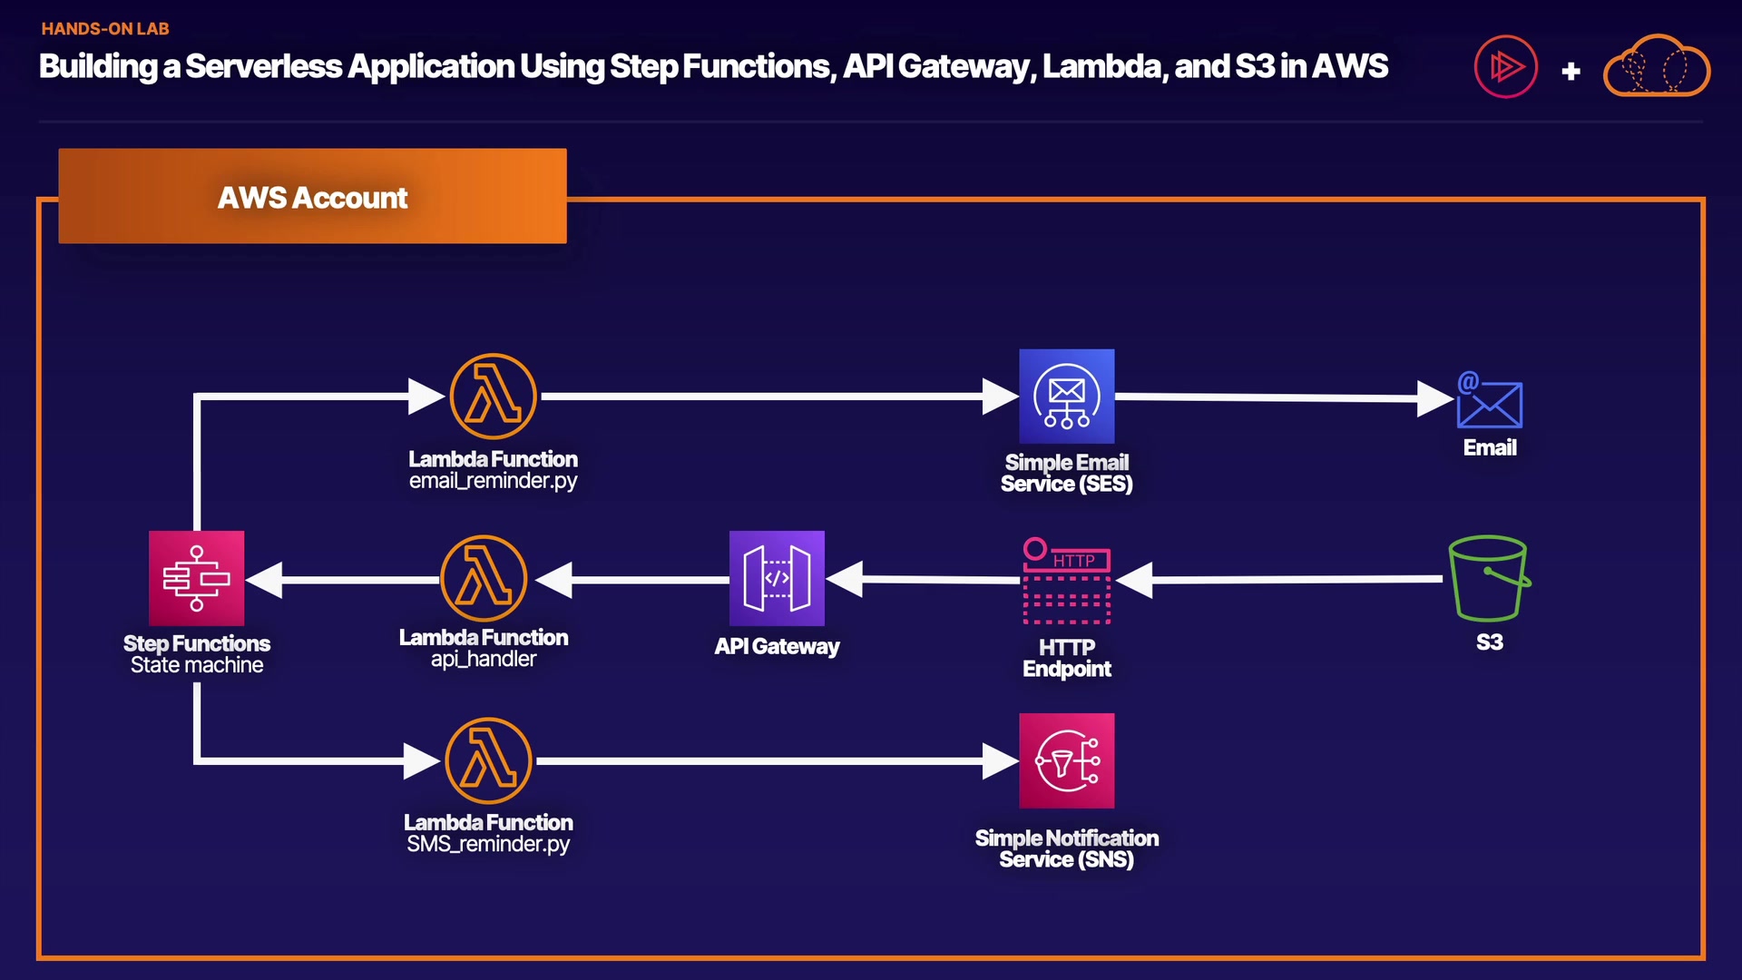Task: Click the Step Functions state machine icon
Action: click(x=196, y=578)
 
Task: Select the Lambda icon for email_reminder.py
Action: click(x=493, y=397)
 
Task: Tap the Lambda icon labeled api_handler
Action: click(x=484, y=578)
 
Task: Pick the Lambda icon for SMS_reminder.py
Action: click(x=488, y=760)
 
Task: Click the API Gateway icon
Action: click(x=777, y=578)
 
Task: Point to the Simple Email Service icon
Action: click(x=1066, y=397)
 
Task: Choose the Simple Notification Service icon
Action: click(x=1066, y=760)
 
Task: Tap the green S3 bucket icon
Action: click(x=1489, y=578)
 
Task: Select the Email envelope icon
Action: click(x=1489, y=400)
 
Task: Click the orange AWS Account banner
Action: click(x=312, y=196)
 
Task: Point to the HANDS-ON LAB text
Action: click(x=105, y=29)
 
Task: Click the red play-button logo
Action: click(x=1505, y=66)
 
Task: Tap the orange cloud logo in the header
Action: click(x=1657, y=66)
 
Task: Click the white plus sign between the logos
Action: click(x=1571, y=71)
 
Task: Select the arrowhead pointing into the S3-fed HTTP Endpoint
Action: click(x=1135, y=580)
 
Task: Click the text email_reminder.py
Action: click(x=493, y=481)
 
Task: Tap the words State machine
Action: click(x=197, y=665)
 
